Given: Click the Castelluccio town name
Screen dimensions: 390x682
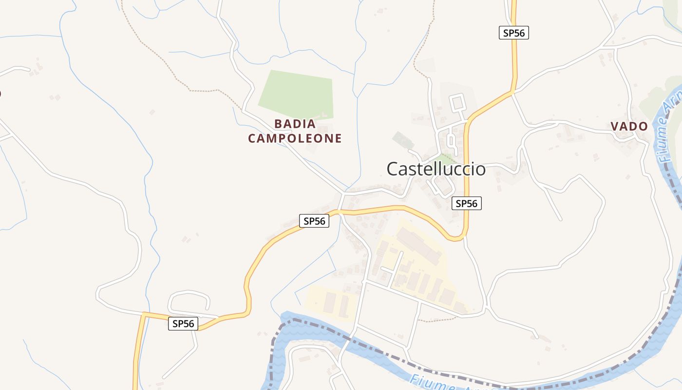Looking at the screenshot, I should pos(436,169).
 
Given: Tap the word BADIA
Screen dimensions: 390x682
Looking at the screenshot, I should pos(295,124).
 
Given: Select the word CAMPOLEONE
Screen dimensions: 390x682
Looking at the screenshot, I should pos(295,138).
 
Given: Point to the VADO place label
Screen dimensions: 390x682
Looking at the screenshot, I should pos(629,126).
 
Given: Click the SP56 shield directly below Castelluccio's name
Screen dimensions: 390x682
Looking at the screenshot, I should pos(467,203).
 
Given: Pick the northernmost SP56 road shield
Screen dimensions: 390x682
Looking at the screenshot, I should pos(513,33).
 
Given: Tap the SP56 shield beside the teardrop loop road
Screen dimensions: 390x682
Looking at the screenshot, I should pos(183,323).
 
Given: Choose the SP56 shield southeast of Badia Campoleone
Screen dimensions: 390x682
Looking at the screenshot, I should pos(314,221).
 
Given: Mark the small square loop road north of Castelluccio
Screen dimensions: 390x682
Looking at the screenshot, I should pos(457,102).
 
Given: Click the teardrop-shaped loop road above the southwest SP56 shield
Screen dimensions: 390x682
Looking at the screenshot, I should pos(189,300).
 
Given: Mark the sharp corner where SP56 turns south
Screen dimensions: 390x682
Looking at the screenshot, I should pos(143,313).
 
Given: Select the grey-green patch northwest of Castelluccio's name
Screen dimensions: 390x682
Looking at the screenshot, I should pos(403,140).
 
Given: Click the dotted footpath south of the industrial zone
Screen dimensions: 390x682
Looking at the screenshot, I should pos(438,319).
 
